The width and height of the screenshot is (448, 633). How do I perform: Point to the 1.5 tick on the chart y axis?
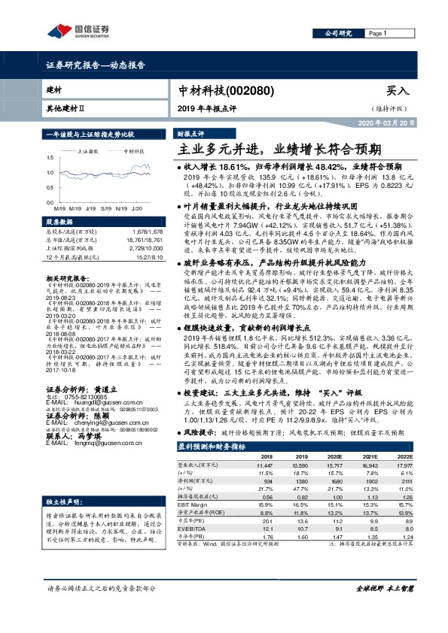tap(50, 157)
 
